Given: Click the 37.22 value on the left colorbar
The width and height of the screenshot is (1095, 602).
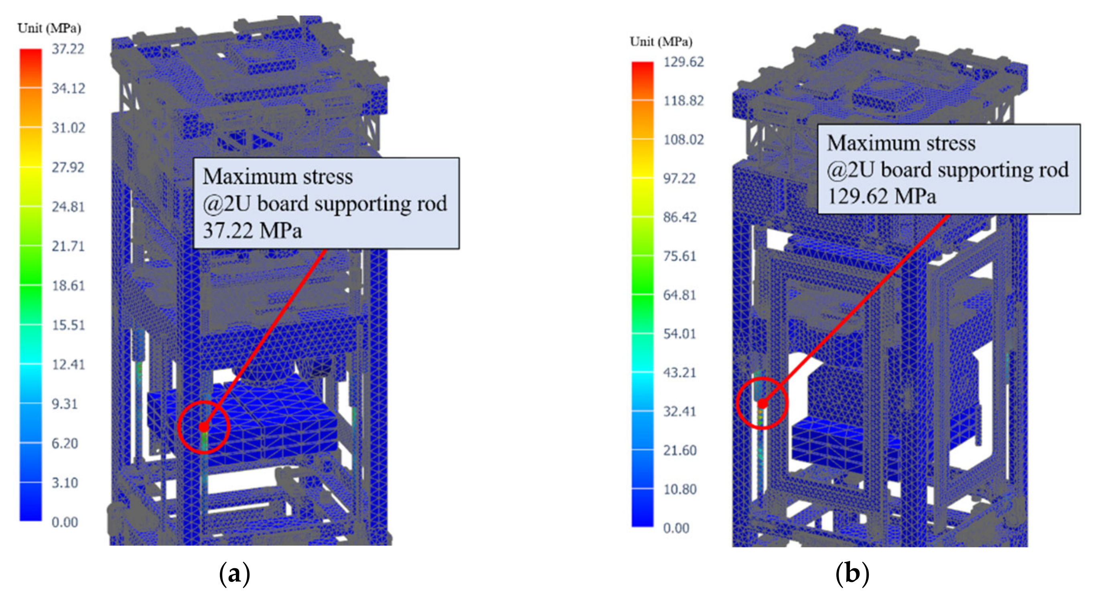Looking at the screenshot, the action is (x=68, y=49).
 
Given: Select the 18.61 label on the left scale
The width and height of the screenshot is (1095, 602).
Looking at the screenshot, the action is (x=68, y=285).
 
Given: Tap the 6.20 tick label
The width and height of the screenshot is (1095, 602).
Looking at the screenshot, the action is (x=65, y=443).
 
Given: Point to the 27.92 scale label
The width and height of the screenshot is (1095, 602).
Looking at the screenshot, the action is (x=68, y=167).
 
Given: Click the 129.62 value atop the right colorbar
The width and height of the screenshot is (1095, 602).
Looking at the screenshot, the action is (x=683, y=62).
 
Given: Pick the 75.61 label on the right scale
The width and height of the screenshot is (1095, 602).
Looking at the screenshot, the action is (x=680, y=256).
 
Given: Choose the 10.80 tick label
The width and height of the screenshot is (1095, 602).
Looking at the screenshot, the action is (x=680, y=489).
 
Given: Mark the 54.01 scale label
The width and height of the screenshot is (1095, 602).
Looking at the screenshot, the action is (x=680, y=334).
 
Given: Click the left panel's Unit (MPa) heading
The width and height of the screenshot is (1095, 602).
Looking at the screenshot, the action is (x=49, y=28).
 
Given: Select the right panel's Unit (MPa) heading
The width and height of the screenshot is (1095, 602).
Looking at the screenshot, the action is (x=661, y=42).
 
